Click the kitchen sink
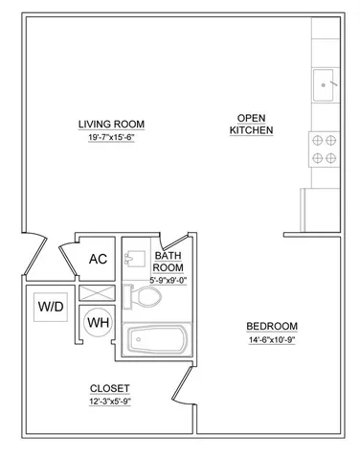point(326,85)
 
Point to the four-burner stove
point(325,148)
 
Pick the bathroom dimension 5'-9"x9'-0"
point(169,280)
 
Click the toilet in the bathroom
point(145,298)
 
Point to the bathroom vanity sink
point(137,256)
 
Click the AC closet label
point(97,259)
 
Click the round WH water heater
point(98,321)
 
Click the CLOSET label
point(109,387)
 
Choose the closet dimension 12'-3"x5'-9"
point(109,402)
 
